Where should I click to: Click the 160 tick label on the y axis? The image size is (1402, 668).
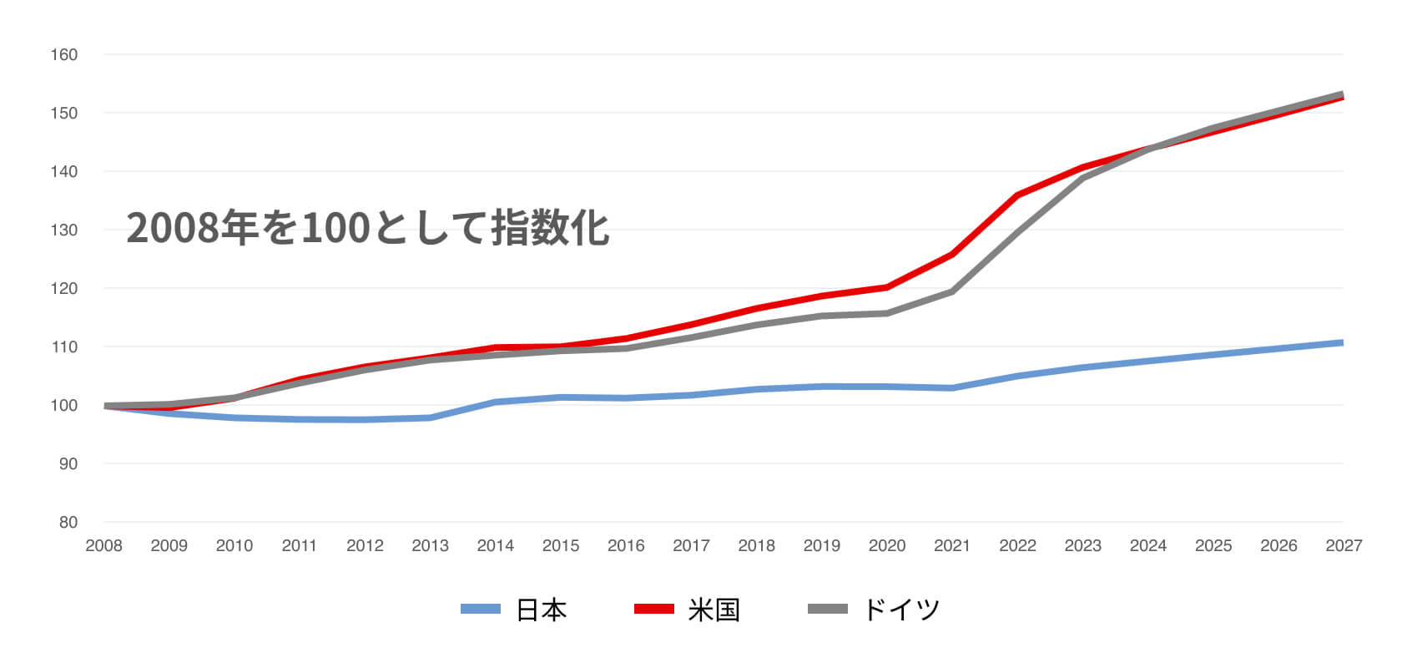(x=64, y=55)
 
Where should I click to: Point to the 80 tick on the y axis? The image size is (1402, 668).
(x=68, y=523)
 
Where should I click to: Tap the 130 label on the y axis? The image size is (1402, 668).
(x=64, y=230)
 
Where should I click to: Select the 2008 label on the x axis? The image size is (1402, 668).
(x=103, y=546)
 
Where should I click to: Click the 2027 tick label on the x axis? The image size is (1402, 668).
(x=1344, y=546)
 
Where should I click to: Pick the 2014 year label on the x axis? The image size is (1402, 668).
(x=495, y=546)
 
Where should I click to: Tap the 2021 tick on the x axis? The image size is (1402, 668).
(x=952, y=546)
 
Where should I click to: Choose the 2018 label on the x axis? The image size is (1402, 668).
(x=756, y=546)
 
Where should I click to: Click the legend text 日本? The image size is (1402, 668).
(x=542, y=610)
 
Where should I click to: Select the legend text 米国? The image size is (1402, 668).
(x=714, y=610)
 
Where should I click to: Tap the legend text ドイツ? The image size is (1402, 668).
(x=901, y=610)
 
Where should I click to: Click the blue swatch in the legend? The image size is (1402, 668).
(x=481, y=610)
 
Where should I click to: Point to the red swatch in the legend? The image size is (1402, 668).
(x=653, y=610)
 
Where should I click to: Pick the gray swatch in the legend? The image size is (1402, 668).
(x=828, y=610)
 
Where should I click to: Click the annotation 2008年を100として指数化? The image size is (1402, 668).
(x=368, y=228)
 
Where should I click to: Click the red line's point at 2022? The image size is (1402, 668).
(x=1017, y=195)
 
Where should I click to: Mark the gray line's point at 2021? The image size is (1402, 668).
(x=952, y=291)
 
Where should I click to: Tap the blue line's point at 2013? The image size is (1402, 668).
(x=430, y=417)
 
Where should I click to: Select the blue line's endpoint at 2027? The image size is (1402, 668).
(x=1342, y=342)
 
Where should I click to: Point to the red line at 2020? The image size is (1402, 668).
(x=886, y=287)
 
